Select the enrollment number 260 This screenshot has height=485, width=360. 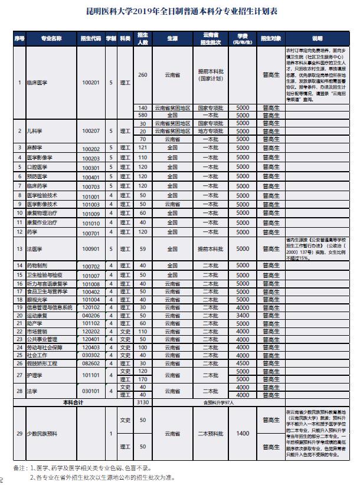pos(142,75)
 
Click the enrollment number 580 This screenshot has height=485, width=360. pos(142,115)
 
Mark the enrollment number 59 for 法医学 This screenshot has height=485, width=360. pos(142,249)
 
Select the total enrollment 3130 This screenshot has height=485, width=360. pos(142,401)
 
